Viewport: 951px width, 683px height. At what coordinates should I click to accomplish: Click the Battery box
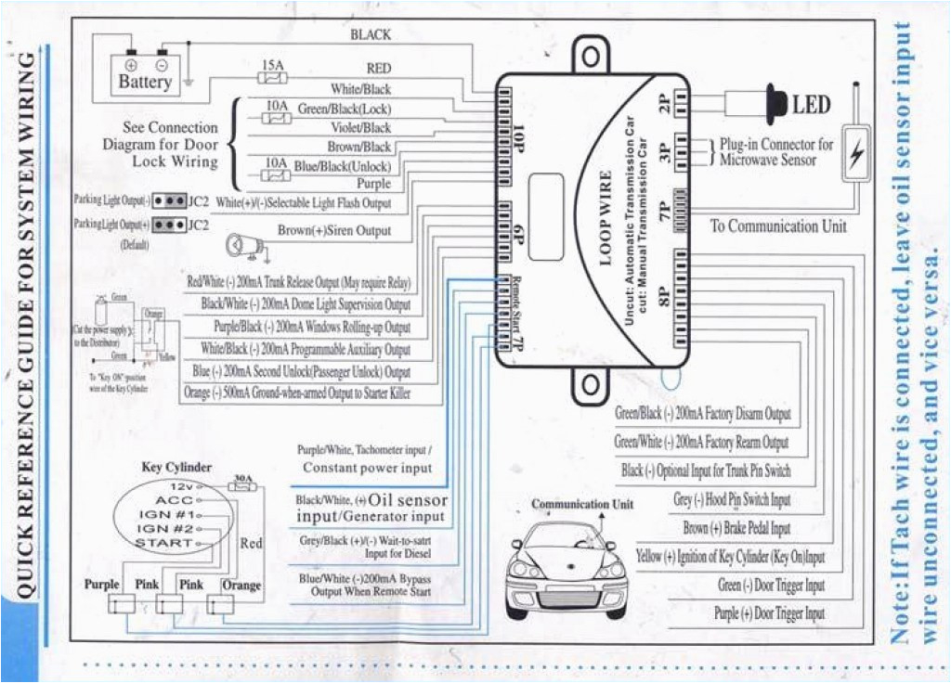pyautogui.click(x=145, y=73)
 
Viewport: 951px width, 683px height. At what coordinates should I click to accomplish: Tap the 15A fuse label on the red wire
pyautogui.click(x=272, y=66)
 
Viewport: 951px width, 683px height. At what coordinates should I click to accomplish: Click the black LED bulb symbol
pyautogui.click(x=774, y=102)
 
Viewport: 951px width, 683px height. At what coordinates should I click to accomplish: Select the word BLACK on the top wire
pyautogui.click(x=371, y=34)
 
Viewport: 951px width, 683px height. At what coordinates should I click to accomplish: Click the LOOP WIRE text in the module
pyautogui.click(x=605, y=218)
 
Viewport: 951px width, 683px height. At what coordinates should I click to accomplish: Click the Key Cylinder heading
pyautogui.click(x=176, y=467)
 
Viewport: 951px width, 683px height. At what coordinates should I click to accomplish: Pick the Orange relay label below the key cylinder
pyautogui.click(x=241, y=586)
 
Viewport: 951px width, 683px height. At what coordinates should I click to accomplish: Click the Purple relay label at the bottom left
pyautogui.click(x=102, y=585)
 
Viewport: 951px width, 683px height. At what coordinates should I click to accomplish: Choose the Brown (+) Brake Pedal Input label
pyautogui.click(x=736, y=528)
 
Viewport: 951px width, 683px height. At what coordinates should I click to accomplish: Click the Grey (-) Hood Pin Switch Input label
pyautogui.click(x=732, y=500)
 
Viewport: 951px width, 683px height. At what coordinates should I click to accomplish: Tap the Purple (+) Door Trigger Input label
pyautogui.click(x=769, y=613)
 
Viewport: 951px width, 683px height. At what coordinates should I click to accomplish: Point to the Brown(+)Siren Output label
pyautogui.click(x=334, y=230)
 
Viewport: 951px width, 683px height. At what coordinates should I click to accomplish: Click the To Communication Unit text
pyautogui.click(x=778, y=226)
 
